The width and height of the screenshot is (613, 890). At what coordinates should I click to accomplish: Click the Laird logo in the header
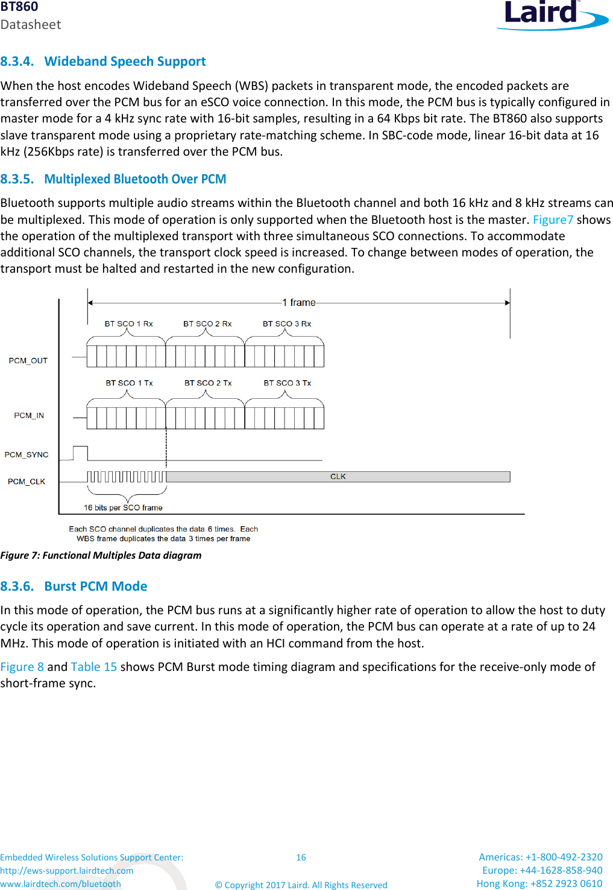tap(551, 14)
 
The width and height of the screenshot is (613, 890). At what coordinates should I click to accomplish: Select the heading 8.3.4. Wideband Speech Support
tap(103, 62)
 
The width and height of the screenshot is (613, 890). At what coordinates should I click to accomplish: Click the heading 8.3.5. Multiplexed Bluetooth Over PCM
tap(113, 179)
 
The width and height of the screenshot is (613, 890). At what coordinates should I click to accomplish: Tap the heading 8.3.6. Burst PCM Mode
tap(74, 586)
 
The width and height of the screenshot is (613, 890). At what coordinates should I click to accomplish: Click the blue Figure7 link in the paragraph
tap(553, 220)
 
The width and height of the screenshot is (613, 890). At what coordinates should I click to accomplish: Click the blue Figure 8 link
tap(22, 667)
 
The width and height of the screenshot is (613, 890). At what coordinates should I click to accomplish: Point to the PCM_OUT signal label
tap(28, 361)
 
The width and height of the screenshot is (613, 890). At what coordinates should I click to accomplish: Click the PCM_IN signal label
tap(29, 416)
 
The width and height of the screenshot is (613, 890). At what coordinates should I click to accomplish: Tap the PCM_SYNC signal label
tap(27, 455)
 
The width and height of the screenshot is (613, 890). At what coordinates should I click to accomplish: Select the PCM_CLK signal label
tap(27, 482)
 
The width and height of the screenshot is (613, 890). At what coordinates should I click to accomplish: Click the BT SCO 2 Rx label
tap(207, 324)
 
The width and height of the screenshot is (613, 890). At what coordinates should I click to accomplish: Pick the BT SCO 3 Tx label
tap(287, 383)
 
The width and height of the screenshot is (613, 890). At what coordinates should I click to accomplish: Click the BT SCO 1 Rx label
tap(128, 324)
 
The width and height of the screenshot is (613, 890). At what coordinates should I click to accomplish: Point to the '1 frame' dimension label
tap(299, 302)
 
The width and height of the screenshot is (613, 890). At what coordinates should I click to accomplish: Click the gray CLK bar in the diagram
tap(338, 477)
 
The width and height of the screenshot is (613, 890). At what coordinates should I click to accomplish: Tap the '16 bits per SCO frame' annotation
tap(123, 508)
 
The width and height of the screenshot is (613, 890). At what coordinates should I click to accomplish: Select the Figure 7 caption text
tap(101, 555)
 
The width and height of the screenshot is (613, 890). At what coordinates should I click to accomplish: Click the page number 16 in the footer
tap(301, 857)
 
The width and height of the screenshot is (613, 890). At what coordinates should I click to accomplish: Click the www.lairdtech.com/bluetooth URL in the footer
tap(60, 884)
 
